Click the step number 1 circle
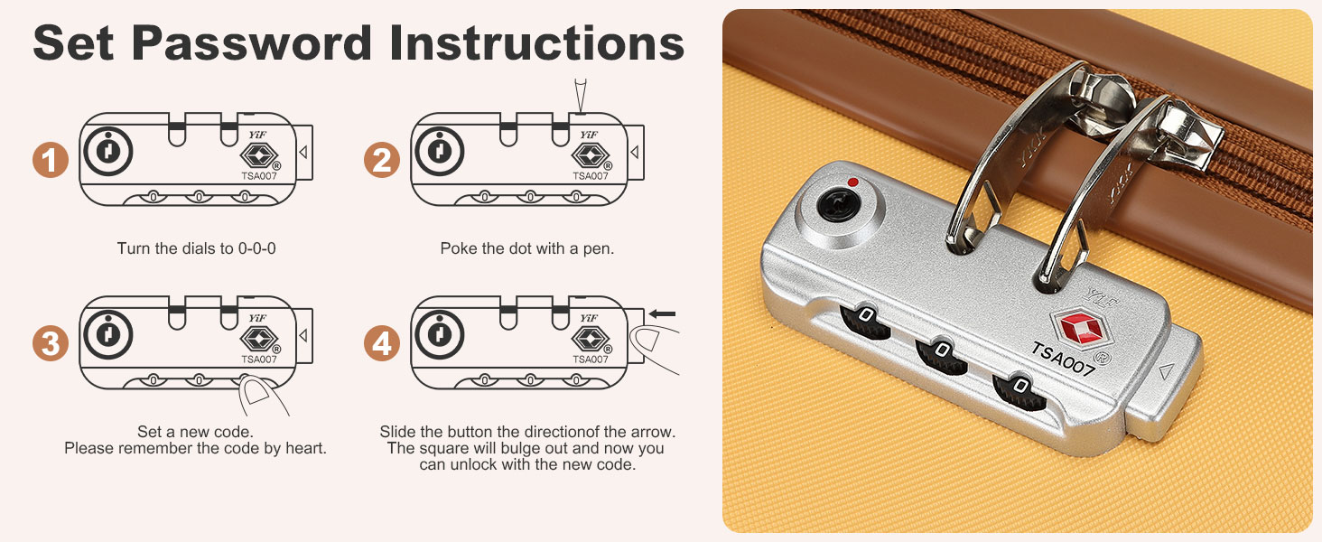click(51, 160)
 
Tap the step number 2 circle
click(382, 160)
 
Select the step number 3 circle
click(51, 343)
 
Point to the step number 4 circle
click(382, 343)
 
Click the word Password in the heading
click(251, 43)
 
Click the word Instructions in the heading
click(536, 43)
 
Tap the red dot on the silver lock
click(852, 182)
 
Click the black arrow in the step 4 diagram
click(662, 314)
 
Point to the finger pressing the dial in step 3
click(263, 397)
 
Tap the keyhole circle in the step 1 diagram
click(108, 151)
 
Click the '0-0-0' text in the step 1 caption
click(256, 248)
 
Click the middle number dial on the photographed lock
click(941, 356)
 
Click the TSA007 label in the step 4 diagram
click(591, 359)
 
